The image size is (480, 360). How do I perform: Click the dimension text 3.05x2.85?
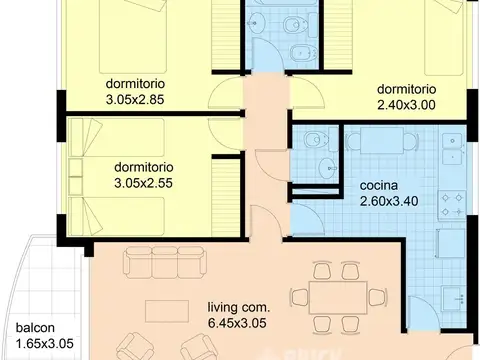click(135, 100)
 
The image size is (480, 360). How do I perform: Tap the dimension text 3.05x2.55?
click(143, 183)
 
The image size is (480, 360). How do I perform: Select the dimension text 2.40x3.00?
click(406, 105)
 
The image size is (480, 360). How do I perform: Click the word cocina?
click(379, 185)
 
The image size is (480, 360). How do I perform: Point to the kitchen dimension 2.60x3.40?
click(389, 201)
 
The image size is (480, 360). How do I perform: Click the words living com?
click(239, 307)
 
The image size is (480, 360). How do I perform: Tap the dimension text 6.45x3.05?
click(237, 323)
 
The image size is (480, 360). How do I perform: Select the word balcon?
click(35, 327)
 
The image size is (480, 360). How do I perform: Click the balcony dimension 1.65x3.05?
click(45, 343)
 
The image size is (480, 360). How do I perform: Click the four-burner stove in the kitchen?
click(452, 205)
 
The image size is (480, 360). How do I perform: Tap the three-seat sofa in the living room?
click(165, 262)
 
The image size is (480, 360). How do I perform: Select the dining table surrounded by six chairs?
click(338, 297)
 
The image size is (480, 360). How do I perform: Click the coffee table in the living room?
click(167, 311)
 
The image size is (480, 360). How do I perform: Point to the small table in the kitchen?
click(382, 140)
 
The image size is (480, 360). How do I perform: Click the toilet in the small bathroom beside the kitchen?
click(316, 140)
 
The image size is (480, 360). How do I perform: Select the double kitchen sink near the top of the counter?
click(452, 149)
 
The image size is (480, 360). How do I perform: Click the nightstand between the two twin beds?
click(76, 177)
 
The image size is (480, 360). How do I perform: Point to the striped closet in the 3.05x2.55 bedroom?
click(226, 197)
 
